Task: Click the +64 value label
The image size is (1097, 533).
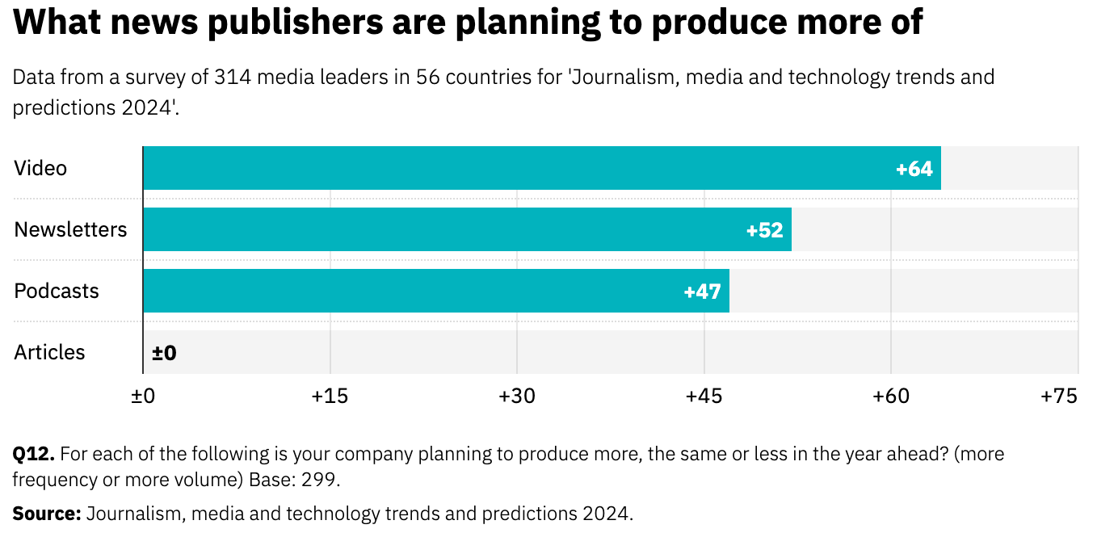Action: (914, 169)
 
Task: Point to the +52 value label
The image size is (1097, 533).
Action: (765, 230)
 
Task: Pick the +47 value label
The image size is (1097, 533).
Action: (702, 292)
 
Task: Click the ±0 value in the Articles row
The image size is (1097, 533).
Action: (164, 353)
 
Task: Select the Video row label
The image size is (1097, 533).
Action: (40, 169)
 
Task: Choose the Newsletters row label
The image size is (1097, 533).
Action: (70, 230)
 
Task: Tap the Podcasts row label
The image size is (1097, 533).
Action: (57, 292)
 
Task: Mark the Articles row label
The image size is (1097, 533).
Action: (49, 353)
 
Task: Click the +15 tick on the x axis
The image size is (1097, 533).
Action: (330, 397)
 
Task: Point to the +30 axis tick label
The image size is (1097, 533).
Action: (517, 397)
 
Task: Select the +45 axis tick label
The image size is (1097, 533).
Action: (704, 397)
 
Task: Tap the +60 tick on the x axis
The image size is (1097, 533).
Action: (891, 397)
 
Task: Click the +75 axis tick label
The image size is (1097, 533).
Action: (1059, 397)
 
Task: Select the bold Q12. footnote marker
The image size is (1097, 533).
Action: (33, 454)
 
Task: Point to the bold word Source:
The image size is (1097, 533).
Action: (46, 514)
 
